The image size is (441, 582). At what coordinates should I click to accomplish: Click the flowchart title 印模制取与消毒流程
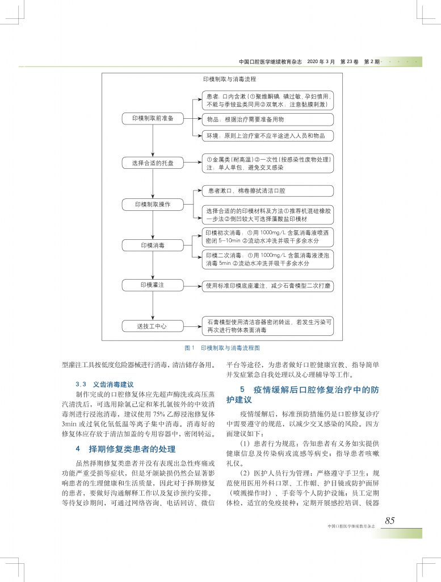tap(230, 80)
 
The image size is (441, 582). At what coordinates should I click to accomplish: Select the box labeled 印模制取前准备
tap(152, 118)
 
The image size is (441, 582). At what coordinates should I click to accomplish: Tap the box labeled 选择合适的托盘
tap(152, 164)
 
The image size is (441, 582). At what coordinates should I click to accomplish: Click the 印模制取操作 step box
tap(152, 203)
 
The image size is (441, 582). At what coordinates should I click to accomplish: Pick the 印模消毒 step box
tap(152, 246)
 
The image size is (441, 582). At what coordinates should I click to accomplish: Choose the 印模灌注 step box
tap(152, 285)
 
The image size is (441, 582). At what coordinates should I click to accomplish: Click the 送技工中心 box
tap(152, 326)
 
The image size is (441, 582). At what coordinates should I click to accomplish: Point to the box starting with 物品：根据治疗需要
tap(268, 120)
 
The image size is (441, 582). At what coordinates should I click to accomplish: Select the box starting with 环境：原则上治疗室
tap(268, 136)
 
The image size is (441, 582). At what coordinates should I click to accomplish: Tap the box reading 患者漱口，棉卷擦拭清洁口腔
tap(268, 190)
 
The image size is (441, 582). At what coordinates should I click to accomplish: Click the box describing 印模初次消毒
tap(268, 237)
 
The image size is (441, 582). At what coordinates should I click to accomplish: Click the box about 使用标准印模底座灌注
tap(268, 286)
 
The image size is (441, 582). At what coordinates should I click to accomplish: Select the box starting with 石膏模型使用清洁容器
tap(268, 326)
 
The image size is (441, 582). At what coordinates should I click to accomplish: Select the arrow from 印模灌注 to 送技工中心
tap(153, 305)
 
